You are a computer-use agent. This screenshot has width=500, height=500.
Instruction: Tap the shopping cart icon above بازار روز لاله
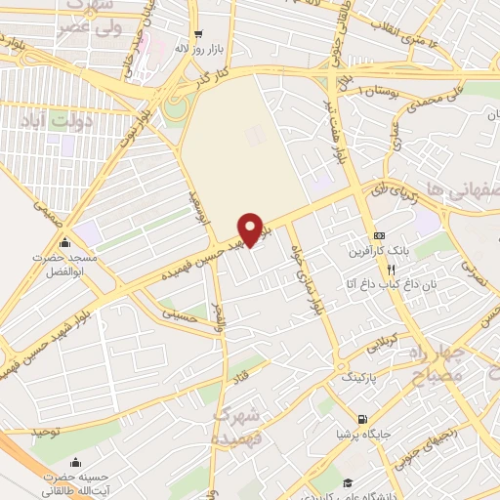[198, 30]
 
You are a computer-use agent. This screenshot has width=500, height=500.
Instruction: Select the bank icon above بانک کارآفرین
[379, 235]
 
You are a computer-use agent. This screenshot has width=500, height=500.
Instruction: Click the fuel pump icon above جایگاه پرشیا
[362, 419]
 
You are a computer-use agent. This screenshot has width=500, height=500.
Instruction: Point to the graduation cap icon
[349, 481]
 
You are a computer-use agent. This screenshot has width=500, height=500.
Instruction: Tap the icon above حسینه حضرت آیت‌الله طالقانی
[63, 462]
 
